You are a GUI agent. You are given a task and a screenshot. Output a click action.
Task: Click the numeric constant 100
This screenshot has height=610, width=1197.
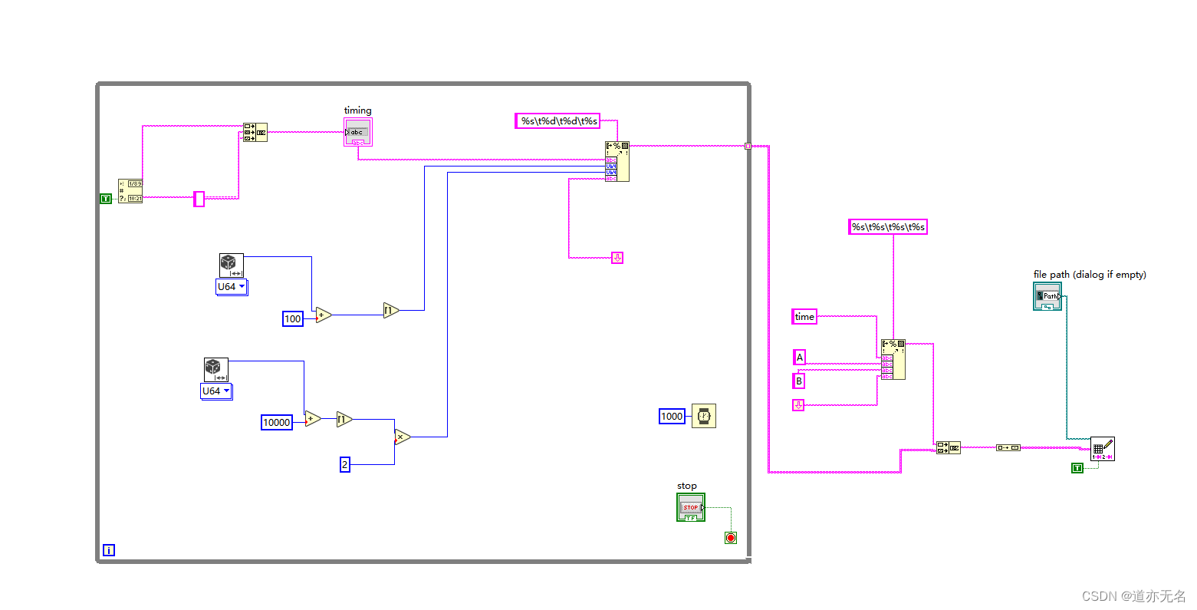point(293,318)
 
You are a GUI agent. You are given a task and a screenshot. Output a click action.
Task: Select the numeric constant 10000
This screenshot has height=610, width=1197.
point(277,422)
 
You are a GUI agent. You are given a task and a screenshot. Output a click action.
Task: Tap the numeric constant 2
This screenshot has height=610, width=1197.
point(345,464)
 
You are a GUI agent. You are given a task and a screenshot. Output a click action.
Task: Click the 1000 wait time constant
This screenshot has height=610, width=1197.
point(672,416)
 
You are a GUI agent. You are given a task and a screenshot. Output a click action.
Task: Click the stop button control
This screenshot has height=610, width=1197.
point(691,507)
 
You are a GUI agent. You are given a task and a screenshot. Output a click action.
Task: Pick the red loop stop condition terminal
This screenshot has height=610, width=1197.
point(731,538)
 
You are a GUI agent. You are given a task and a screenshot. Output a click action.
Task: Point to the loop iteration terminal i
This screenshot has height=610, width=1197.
point(109,550)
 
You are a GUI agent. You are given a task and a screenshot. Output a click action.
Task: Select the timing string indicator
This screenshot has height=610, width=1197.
point(358,133)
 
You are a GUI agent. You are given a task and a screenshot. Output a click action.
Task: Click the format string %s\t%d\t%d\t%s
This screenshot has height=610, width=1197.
point(557,120)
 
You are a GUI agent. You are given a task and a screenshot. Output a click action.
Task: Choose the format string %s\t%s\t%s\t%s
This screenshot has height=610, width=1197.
point(888,226)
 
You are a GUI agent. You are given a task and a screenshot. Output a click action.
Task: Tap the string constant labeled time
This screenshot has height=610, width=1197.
point(804,316)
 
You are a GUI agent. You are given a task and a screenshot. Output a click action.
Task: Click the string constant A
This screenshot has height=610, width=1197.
point(800,357)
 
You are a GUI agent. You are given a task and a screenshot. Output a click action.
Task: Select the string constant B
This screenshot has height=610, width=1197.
point(799,381)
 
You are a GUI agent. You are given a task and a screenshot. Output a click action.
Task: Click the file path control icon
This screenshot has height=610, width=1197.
point(1047,295)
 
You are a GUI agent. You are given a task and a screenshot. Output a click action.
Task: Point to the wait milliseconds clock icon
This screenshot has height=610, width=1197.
point(704,416)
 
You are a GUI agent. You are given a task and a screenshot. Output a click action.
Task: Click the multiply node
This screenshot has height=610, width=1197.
point(402,437)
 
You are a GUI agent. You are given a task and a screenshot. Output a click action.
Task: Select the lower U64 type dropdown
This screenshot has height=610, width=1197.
point(216,391)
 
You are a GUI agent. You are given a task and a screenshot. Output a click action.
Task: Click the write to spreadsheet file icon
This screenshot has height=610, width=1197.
point(1102,449)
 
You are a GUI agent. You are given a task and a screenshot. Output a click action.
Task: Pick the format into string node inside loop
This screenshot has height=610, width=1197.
point(617,161)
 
